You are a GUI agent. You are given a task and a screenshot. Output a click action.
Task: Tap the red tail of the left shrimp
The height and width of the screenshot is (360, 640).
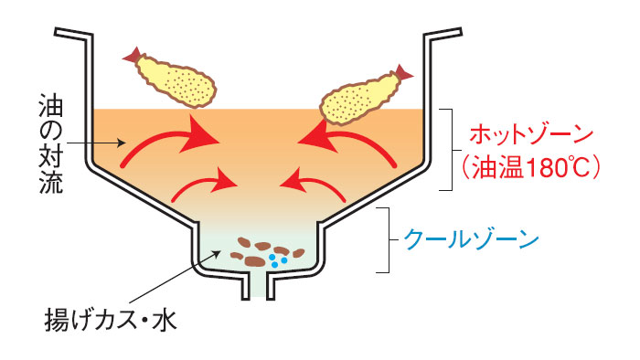click(133, 56)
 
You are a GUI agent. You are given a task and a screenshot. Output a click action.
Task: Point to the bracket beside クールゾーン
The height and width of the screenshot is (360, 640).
click(390, 240)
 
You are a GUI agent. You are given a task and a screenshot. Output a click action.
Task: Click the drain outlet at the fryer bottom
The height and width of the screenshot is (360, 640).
click(255, 285)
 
